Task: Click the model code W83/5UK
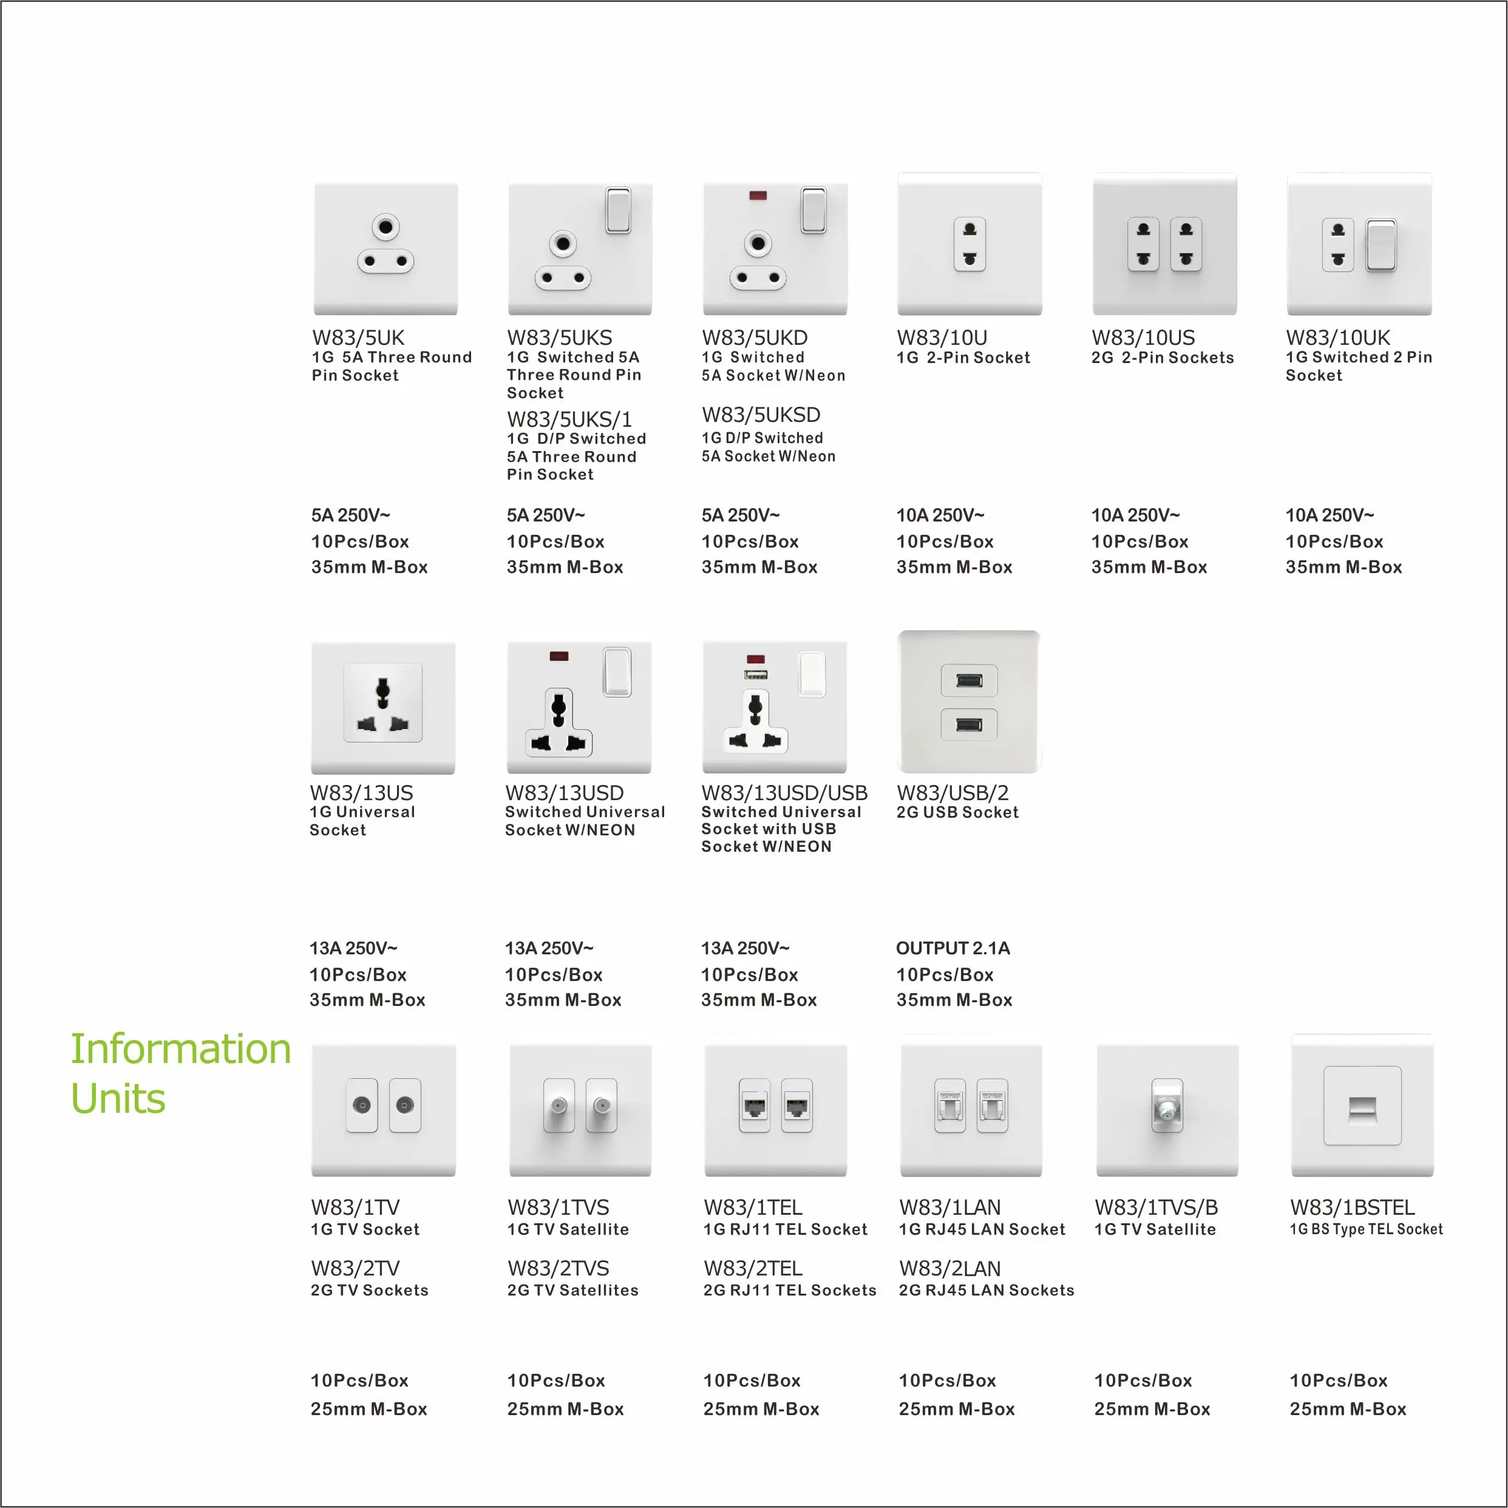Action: click(x=358, y=338)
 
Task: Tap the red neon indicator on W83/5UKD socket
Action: click(x=757, y=195)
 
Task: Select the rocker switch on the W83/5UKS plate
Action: click(x=618, y=209)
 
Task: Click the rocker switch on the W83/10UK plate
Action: click(x=1380, y=245)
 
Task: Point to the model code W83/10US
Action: click(x=1143, y=338)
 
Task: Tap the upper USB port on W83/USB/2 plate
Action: click(x=969, y=681)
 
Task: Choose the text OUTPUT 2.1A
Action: click(x=953, y=948)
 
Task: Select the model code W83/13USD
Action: click(x=565, y=793)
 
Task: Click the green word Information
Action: click(x=180, y=1048)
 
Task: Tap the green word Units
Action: click(x=118, y=1098)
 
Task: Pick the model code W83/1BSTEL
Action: click(x=1352, y=1207)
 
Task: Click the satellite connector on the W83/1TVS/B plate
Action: click(x=1167, y=1109)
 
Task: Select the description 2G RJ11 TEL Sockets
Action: click(x=789, y=1290)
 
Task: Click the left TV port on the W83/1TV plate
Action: click(x=361, y=1106)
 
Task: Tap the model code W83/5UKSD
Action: click(x=761, y=415)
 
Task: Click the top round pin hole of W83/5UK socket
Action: click(x=385, y=227)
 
